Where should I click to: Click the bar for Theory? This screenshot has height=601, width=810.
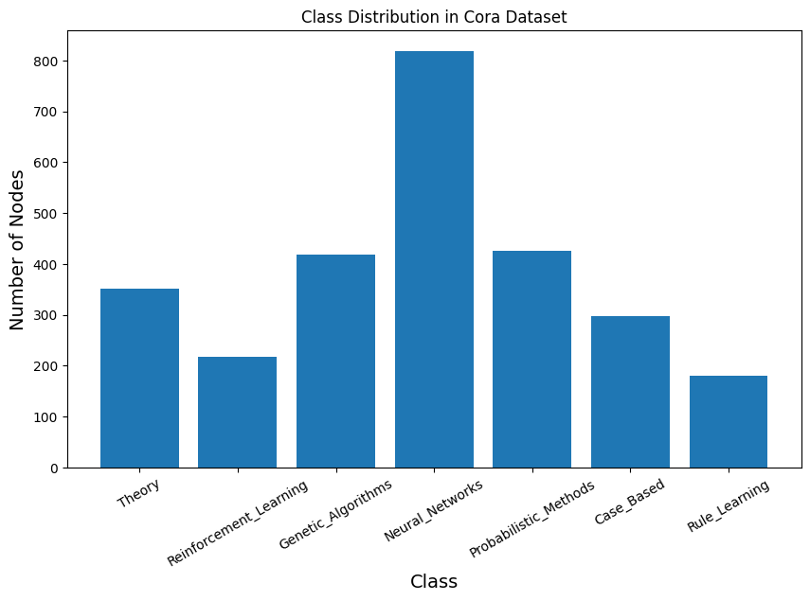(x=139, y=379)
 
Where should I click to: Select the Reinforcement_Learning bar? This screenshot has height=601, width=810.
(x=237, y=412)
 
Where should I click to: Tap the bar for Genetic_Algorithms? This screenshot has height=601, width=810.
(x=335, y=362)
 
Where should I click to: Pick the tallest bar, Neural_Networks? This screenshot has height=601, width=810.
(x=434, y=259)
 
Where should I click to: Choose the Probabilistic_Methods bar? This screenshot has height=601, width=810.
(x=531, y=360)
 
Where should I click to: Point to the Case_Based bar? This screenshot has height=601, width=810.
(x=630, y=392)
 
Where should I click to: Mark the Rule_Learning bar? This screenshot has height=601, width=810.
(x=728, y=421)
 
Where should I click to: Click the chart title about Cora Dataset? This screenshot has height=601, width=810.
(x=434, y=17)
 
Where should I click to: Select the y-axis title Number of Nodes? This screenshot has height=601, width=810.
(x=17, y=250)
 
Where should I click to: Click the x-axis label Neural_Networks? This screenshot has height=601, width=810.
(x=433, y=510)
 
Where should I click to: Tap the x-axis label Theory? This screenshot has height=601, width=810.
(x=138, y=494)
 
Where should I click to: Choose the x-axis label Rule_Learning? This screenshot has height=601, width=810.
(x=728, y=507)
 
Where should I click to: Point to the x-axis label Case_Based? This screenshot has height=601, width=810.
(x=630, y=502)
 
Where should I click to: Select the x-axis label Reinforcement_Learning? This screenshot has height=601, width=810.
(x=238, y=523)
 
